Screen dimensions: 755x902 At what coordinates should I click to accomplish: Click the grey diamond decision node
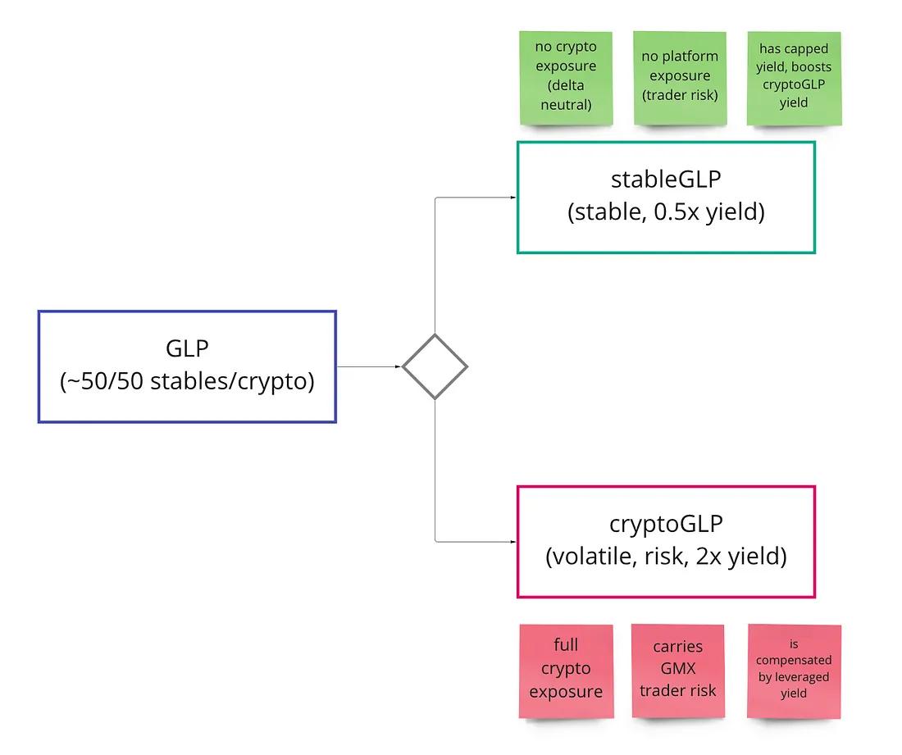tap(435, 366)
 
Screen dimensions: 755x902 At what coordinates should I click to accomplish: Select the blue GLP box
tap(187, 366)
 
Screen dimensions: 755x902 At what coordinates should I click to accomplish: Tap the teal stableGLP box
tap(666, 197)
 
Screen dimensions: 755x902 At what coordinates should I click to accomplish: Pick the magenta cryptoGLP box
tap(666, 541)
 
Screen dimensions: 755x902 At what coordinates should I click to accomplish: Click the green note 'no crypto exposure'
tap(566, 78)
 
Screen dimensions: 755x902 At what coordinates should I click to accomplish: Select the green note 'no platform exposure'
tap(680, 78)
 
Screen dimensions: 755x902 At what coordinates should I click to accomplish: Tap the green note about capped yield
tap(794, 78)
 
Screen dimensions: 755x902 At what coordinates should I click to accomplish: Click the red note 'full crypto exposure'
tap(566, 671)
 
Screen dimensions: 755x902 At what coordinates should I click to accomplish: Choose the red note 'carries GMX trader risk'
tap(677, 671)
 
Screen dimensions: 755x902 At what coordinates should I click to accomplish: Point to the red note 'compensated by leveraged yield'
tap(794, 671)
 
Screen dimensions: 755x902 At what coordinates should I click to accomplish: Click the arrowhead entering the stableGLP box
tap(512, 198)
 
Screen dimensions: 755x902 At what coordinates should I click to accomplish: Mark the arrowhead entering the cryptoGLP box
tap(512, 541)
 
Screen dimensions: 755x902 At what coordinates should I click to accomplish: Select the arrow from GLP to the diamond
tap(369, 366)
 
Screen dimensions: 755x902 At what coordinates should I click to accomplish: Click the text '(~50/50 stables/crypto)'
tap(187, 382)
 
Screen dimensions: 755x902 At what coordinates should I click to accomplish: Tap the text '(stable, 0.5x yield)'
tap(666, 212)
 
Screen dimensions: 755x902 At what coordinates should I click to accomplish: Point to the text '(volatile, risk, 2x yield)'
tap(666, 557)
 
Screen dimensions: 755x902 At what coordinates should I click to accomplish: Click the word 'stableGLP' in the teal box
tap(666, 180)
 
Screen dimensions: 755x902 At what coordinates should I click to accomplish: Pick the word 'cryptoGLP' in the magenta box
tap(666, 524)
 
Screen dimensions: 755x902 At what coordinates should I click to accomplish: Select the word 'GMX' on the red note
tap(677, 668)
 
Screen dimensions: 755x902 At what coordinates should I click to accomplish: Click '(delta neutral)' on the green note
tap(566, 95)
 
